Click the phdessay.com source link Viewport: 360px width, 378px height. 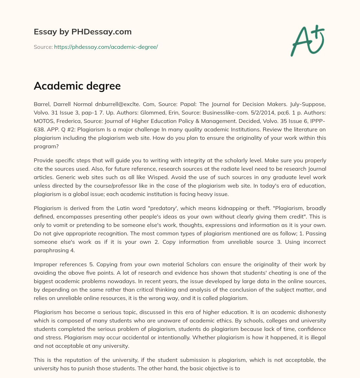coord(106,47)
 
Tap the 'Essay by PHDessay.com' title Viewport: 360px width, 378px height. coord(83,32)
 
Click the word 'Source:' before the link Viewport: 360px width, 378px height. coord(43,47)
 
